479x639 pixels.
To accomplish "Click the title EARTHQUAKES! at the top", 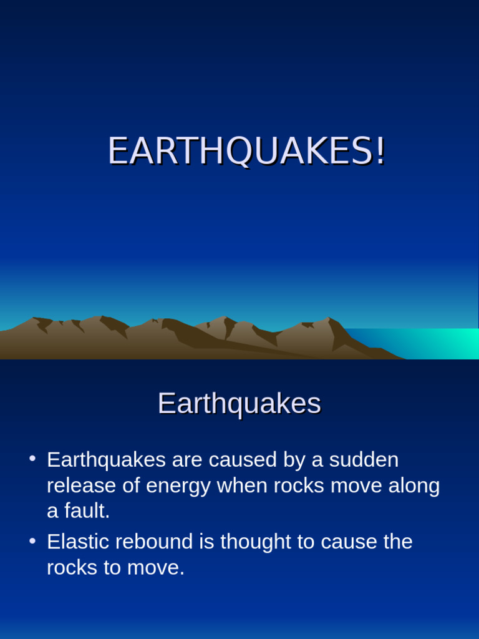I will coord(246,151).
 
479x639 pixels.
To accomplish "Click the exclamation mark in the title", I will coord(380,151).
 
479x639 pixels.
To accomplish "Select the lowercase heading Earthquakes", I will coord(239,404).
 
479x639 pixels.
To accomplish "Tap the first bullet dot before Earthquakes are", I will coord(32,459).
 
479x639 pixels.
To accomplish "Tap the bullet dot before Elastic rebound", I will coord(32,541).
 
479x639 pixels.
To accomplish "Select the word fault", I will coord(85,511).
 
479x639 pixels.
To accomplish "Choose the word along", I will coord(414,485).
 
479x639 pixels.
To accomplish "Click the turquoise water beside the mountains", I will coord(437,343).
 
